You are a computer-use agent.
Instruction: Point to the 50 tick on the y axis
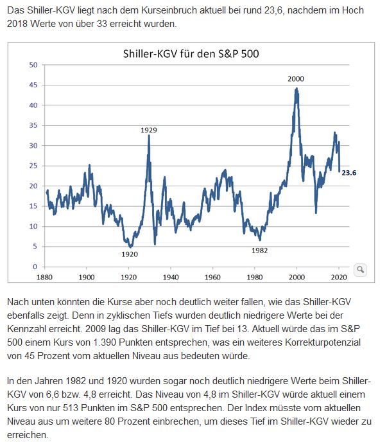click(33, 65)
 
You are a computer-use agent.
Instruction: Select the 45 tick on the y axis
click(33, 85)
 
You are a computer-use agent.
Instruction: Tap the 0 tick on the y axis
click(35, 267)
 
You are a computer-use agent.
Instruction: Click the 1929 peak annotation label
click(149, 130)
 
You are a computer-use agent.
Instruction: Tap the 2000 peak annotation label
click(296, 79)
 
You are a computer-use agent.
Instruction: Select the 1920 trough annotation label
click(130, 254)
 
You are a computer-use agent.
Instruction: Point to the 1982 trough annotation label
click(260, 250)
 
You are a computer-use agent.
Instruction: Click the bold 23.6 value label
click(350, 172)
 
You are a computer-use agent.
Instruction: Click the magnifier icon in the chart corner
click(359, 269)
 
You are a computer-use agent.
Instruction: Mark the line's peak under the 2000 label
click(297, 89)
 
